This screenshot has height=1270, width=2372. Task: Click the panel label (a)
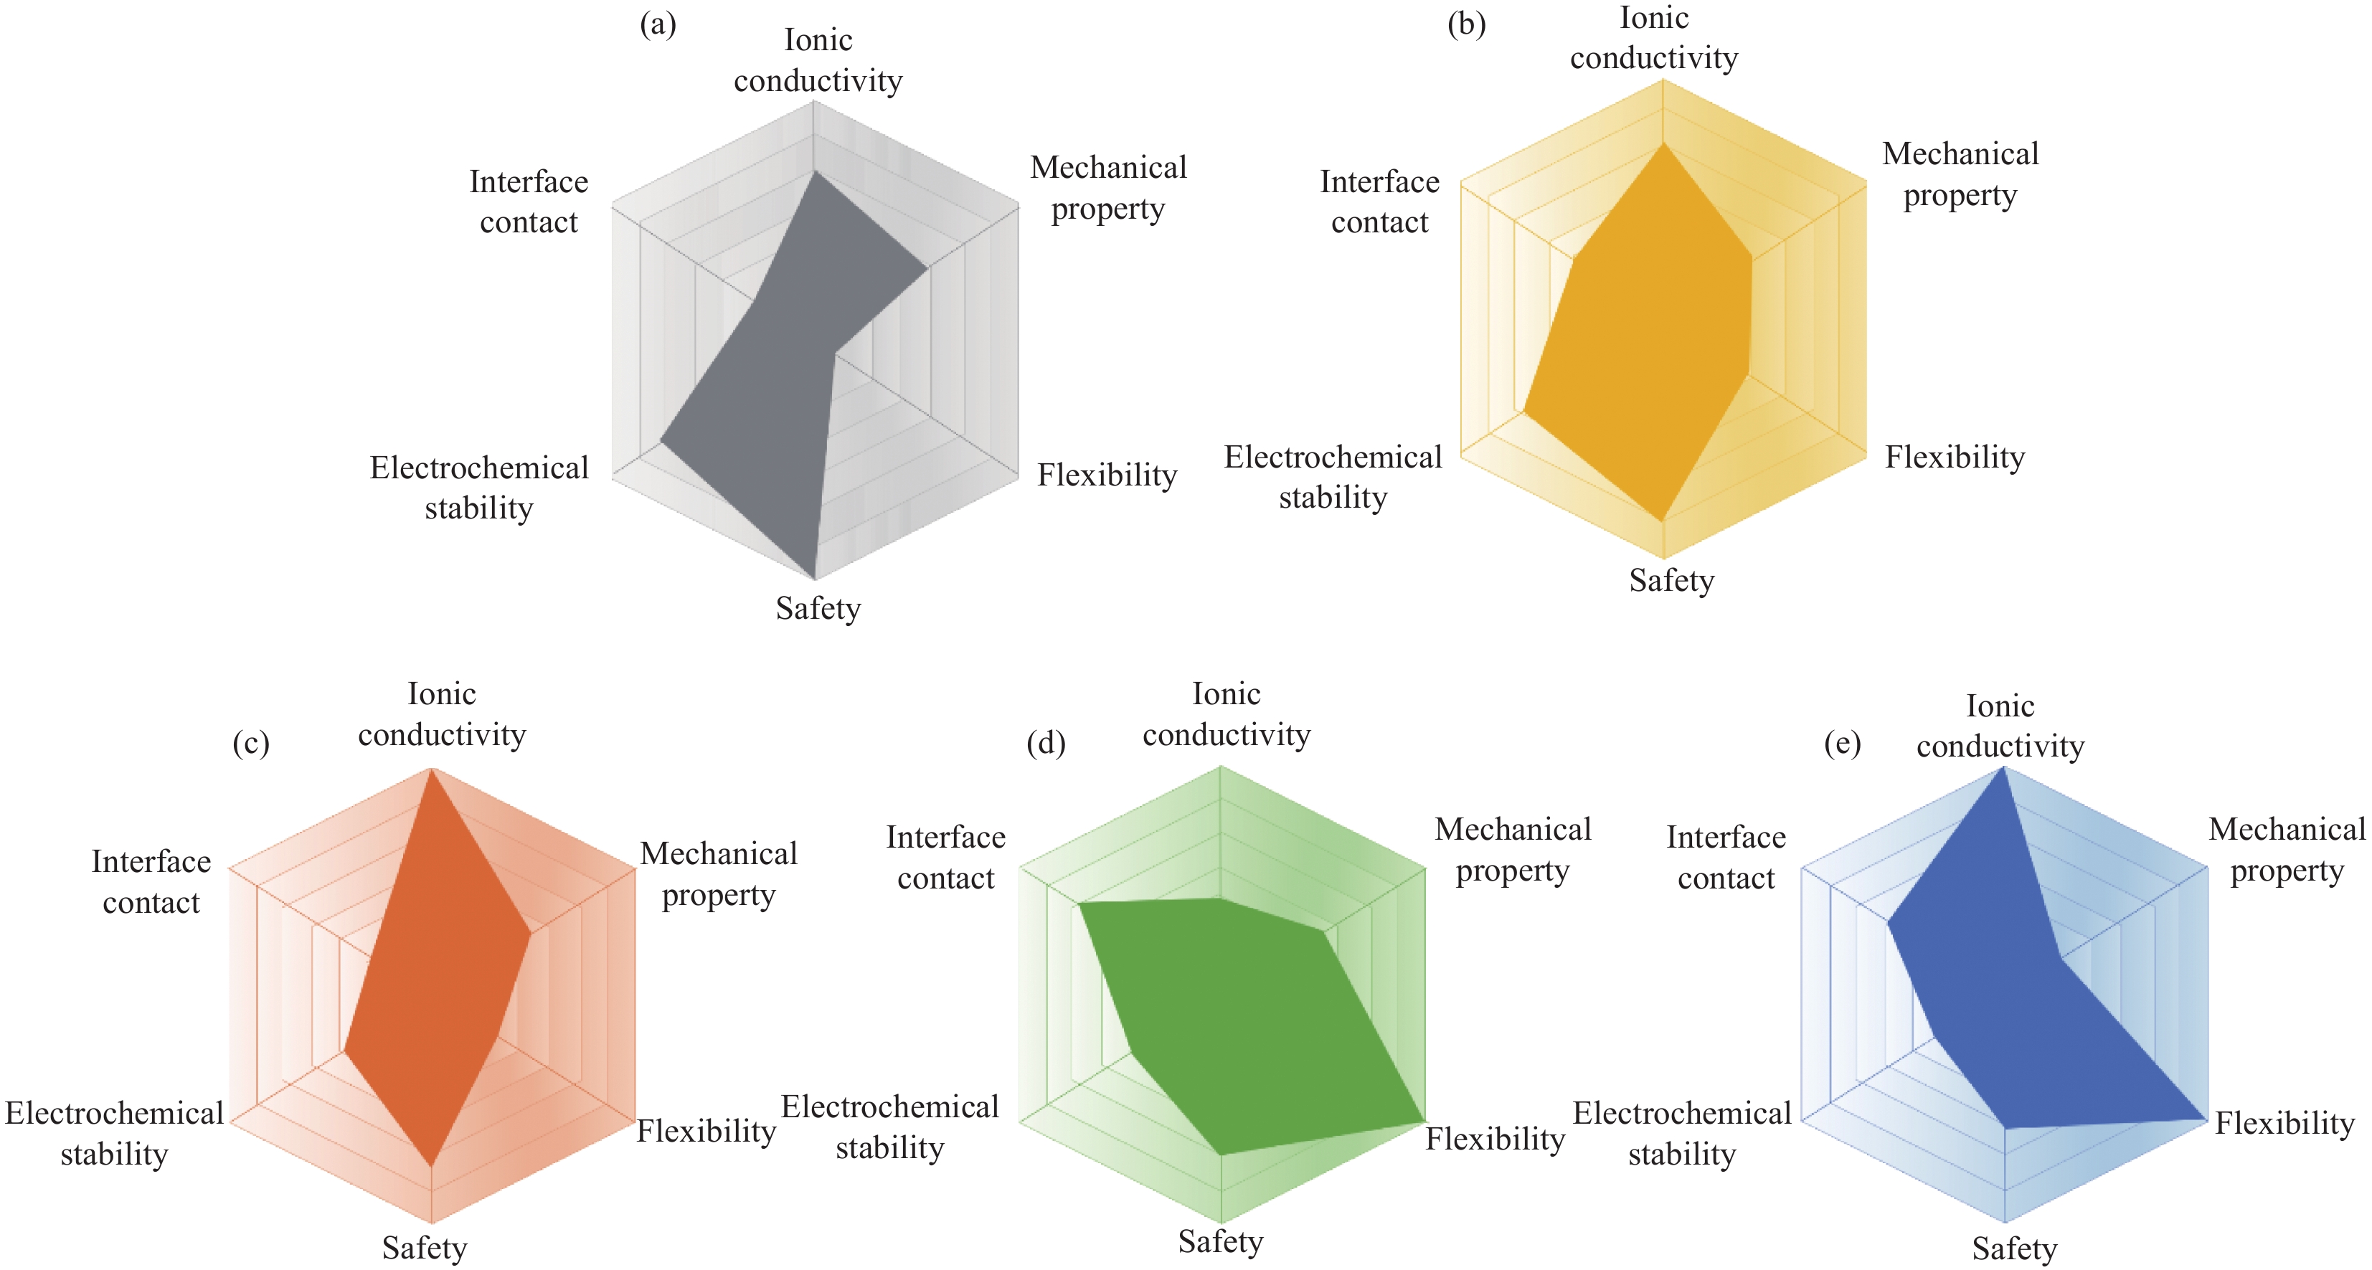[x=658, y=25]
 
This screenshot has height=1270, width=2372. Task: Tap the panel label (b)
[x=1466, y=25]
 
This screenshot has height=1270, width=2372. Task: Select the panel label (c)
[x=250, y=743]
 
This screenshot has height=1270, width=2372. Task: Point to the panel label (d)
[x=1046, y=743]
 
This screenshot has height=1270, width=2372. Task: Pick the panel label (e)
[x=1843, y=743]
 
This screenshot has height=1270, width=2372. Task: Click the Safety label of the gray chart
[x=818, y=608]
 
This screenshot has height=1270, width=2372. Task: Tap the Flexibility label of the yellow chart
[x=1954, y=458]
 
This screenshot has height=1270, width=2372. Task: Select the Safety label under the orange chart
[x=425, y=1248]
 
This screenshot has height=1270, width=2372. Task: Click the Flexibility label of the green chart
[x=1495, y=1139]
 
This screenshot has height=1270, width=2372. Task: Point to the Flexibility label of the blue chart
[x=2284, y=1124]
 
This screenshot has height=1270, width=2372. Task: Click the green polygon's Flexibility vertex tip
[x=1424, y=1122]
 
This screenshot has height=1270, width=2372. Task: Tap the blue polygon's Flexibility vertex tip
[x=2206, y=1119]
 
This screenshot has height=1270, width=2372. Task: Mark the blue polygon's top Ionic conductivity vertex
[x=2003, y=769]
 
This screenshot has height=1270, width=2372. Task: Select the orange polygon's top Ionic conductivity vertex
[x=431, y=771]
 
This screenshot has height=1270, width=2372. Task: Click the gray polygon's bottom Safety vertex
[x=815, y=578]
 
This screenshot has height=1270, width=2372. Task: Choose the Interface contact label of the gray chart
[x=529, y=202]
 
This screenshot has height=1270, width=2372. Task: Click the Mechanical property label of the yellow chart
[x=1960, y=174]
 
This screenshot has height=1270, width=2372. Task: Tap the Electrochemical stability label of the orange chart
[x=114, y=1133]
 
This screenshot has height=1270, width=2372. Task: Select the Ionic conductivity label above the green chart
[x=1227, y=714]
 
